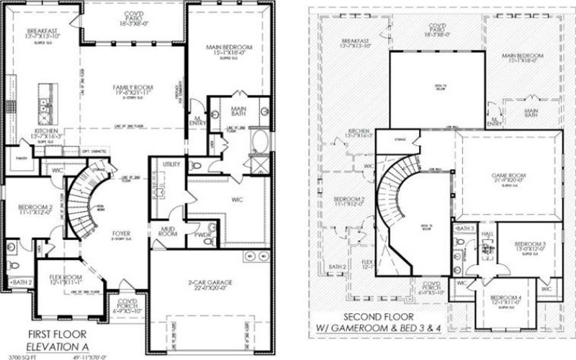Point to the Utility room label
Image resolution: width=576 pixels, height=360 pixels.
pyautogui.click(x=171, y=165)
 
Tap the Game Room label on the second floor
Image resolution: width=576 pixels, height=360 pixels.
pyautogui.click(x=508, y=176)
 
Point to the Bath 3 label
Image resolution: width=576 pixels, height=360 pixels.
pyautogui.click(x=466, y=228)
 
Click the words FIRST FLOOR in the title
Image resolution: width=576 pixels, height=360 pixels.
pyautogui.click(x=57, y=334)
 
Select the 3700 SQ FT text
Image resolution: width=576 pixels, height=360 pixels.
pyautogui.click(x=21, y=356)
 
